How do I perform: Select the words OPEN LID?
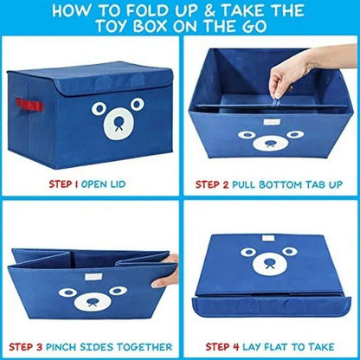(113, 183)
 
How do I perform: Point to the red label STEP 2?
(218, 183)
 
